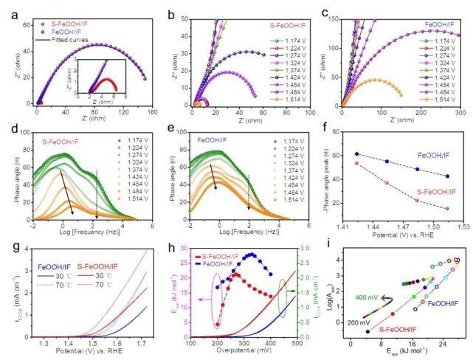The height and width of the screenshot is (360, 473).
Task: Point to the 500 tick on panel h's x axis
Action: pyautogui.click(x=297, y=344)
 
